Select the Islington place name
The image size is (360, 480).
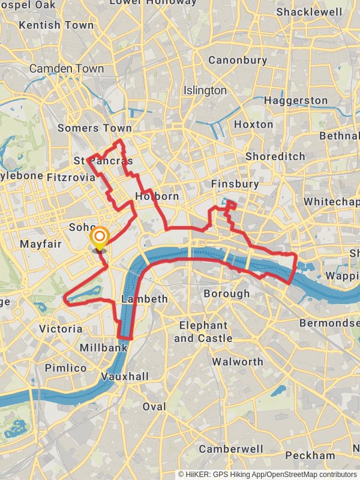[x=205, y=91]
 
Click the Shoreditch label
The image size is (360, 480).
[x=275, y=156]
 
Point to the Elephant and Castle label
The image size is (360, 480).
[x=203, y=332]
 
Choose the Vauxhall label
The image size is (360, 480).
[x=125, y=376]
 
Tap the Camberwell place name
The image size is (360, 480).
[x=231, y=449]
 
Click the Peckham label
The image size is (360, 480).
[x=310, y=455]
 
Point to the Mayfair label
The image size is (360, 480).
[x=41, y=244]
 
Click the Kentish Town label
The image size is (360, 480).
[x=56, y=25]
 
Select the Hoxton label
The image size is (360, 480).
[x=253, y=125]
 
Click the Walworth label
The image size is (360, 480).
[x=238, y=362]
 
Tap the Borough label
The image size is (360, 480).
[x=226, y=293]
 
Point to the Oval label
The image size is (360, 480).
[x=154, y=407]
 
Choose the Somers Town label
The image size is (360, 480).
[x=94, y=128]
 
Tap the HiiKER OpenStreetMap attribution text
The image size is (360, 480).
[x=268, y=474]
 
